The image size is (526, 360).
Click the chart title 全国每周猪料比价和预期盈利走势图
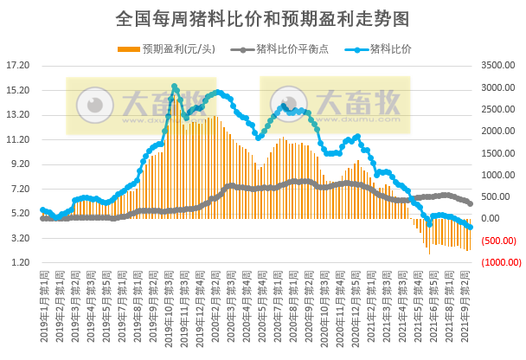[262, 17]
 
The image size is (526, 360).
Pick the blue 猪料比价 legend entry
[390, 48]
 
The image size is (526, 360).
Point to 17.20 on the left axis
[18, 66]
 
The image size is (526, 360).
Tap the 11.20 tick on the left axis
[18, 139]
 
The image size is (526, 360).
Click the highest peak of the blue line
[175, 87]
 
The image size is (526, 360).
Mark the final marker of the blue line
[471, 227]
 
